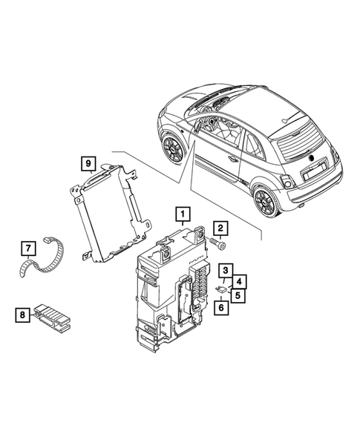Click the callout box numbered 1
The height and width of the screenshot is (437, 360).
[180, 216]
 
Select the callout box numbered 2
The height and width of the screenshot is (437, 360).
[221, 228]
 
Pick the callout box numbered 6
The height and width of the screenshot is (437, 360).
[220, 307]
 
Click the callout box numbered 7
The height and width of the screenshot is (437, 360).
[26, 247]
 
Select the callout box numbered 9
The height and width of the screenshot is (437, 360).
[88, 162]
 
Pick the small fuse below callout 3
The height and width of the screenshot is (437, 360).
[222, 289]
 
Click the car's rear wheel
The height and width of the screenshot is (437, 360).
[264, 200]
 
